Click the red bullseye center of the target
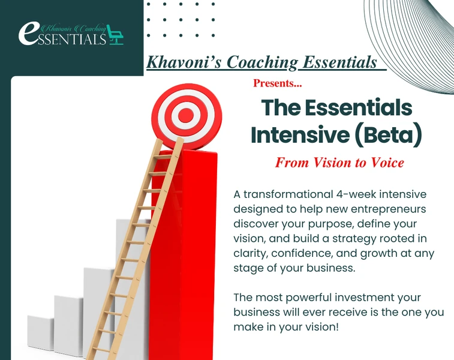coord(185,115)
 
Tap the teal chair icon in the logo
coord(116,35)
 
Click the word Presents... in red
coord(278,83)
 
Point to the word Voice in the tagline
coord(387,163)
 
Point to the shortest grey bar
coord(40,332)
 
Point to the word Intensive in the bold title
coord(300,134)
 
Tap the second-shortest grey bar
coord(69,326)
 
